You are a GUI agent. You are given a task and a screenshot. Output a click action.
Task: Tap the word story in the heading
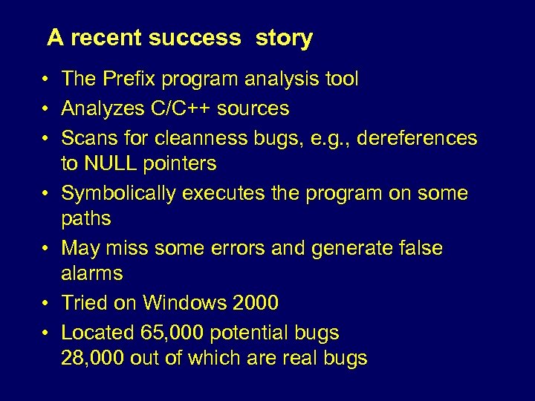284,39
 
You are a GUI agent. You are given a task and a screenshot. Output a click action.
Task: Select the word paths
85,218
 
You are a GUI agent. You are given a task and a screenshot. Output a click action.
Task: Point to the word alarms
91,273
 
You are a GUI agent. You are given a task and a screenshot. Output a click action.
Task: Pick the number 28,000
93,358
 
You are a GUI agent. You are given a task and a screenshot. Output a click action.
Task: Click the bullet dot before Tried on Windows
46,303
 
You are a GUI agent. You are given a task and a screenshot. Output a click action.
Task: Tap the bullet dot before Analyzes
46,108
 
